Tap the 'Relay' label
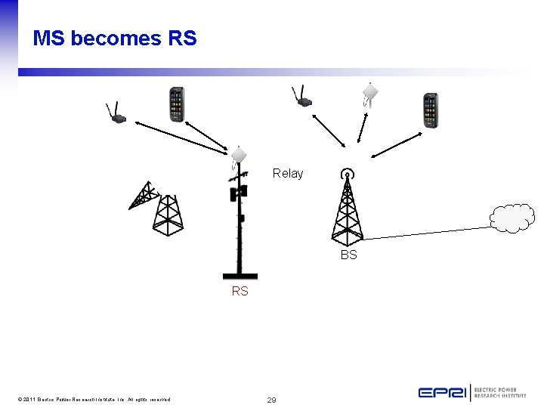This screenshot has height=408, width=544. [287, 173]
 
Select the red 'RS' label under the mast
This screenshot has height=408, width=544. [240, 291]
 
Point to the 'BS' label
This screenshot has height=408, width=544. [348, 255]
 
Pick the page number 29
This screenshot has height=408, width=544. [271, 399]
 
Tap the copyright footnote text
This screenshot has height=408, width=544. [91, 399]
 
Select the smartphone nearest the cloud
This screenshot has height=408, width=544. [430, 110]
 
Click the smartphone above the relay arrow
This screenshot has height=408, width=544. [176, 104]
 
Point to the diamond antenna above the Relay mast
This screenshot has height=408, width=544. [239, 155]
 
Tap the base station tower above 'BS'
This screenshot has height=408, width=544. [347, 206]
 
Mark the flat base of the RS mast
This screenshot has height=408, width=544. [240, 276]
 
